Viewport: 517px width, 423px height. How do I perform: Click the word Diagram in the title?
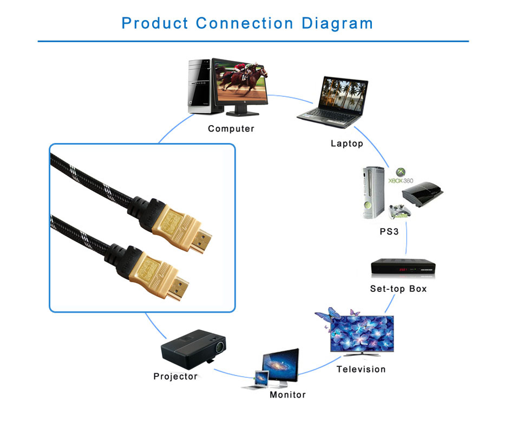[337, 24]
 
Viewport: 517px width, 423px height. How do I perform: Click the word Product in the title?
[155, 23]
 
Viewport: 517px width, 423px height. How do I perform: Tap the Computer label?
[231, 129]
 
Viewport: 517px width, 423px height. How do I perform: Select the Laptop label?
[347, 144]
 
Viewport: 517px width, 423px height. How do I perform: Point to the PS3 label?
[389, 232]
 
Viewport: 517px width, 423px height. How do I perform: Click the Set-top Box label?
[398, 289]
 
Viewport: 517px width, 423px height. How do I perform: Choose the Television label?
[361, 369]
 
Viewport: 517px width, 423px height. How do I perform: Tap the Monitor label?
[287, 395]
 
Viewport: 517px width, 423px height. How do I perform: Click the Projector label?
[175, 376]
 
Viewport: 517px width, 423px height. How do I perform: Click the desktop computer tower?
[200, 87]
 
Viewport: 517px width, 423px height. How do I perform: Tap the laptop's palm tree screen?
[344, 95]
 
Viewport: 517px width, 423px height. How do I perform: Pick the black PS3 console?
[422, 194]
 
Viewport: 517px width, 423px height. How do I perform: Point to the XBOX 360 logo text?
[401, 180]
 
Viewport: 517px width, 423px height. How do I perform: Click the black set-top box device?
[403, 267]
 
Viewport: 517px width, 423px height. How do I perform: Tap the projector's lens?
[220, 347]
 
